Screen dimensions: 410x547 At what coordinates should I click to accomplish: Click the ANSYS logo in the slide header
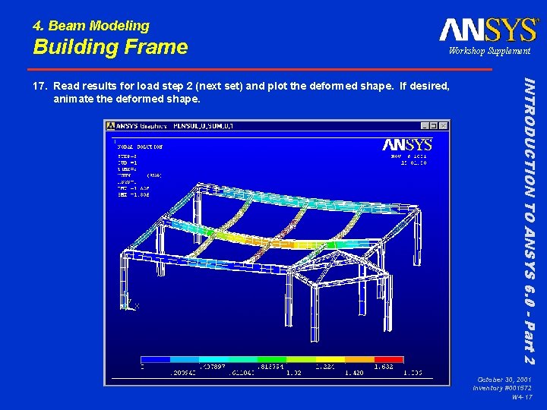[x=488, y=30]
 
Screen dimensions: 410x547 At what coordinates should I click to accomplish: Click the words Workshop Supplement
[x=489, y=51]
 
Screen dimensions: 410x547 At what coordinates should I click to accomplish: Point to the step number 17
[x=40, y=86]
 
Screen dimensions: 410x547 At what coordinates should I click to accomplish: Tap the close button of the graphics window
[x=443, y=125]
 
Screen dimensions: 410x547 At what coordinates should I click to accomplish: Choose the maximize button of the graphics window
[x=433, y=125]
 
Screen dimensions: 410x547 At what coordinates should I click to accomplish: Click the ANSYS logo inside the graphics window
[x=407, y=144]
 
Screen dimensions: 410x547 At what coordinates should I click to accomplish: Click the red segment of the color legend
[x=388, y=360]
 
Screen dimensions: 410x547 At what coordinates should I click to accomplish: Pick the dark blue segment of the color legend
[x=155, y=360]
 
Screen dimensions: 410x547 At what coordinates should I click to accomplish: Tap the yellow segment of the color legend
[x=301, y=360]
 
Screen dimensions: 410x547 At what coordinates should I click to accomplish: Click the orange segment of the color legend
[x=359, y=360]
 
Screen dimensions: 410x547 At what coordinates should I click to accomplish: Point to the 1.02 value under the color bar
[x=294, y=373]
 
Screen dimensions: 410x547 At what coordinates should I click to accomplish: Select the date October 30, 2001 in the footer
[x=504, y=379]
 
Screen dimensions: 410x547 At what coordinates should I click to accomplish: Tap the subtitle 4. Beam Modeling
[x=91, y=26]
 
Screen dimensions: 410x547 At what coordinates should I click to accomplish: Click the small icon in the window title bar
[x=111, y=125]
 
